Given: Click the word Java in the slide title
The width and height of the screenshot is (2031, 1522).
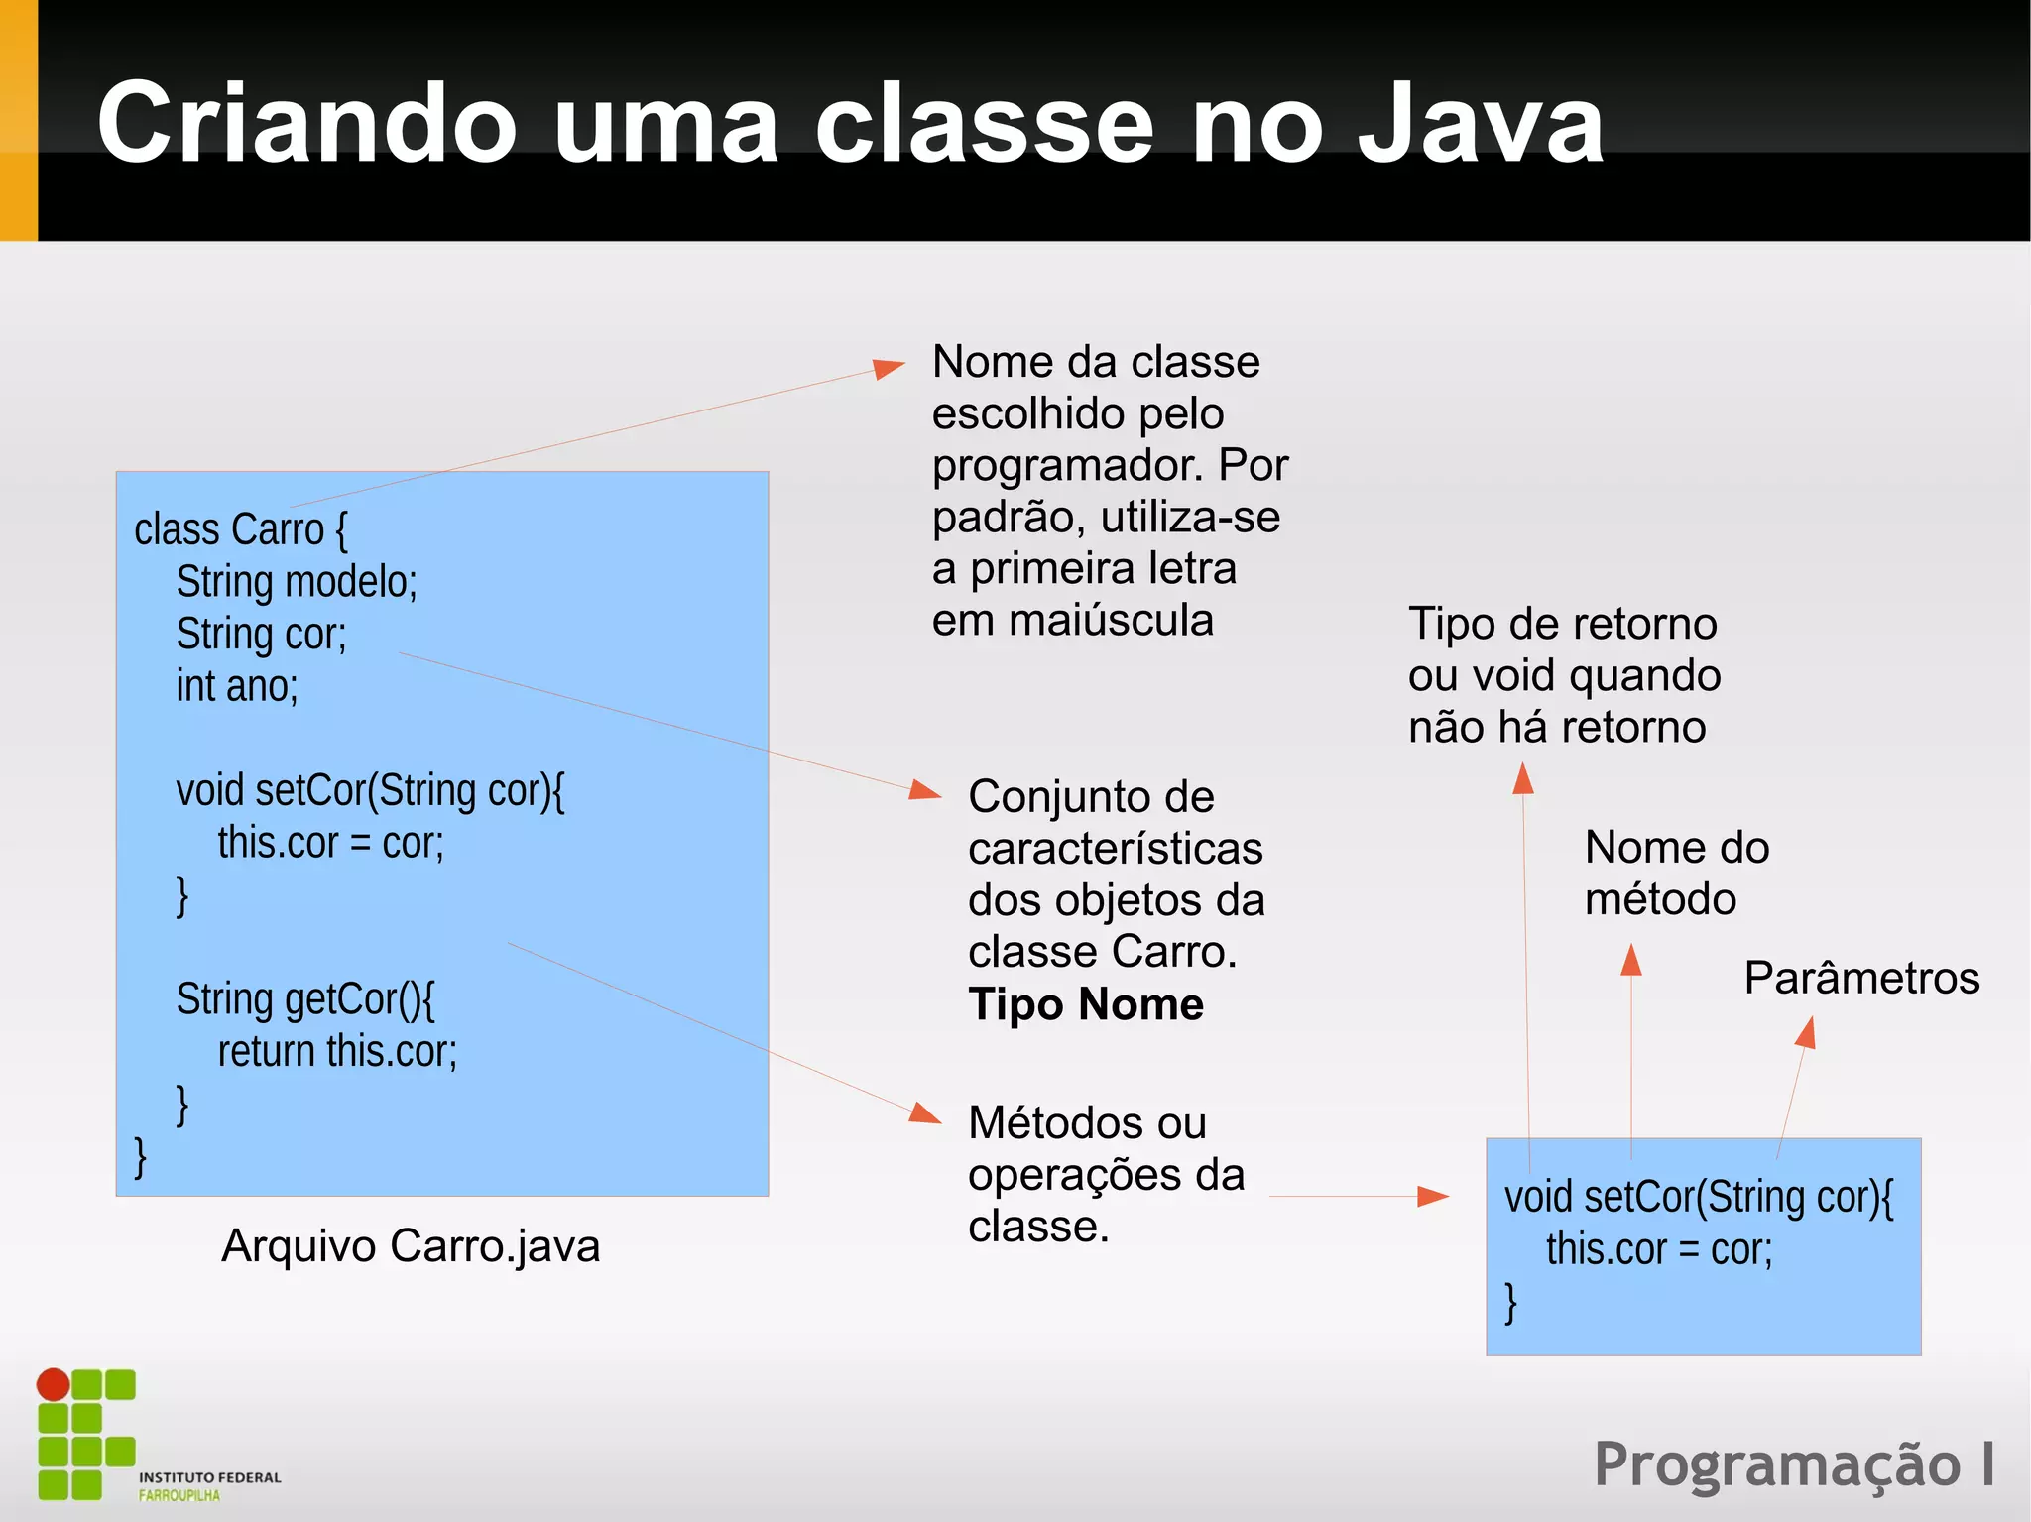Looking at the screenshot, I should (1480, 124).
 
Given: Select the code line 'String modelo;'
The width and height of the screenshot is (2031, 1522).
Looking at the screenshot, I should (297, 582).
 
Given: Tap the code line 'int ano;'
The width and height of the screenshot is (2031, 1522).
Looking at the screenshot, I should (237, 686).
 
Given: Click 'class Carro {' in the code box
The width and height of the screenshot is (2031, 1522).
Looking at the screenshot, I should (241, 529).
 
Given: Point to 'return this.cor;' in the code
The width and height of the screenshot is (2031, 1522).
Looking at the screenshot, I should (337, 1051).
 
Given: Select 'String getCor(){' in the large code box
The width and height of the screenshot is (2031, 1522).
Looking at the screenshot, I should (305, 999).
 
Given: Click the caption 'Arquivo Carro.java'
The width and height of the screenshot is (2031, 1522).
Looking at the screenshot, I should (411, 1246).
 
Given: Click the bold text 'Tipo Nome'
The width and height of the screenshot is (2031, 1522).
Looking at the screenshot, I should (1086, 1004).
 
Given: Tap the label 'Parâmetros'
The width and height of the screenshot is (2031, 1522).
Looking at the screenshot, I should (1861, 979).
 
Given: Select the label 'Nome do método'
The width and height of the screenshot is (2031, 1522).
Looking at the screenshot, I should (1676, 873).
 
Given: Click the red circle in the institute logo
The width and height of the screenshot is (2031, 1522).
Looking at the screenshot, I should (54, 1384).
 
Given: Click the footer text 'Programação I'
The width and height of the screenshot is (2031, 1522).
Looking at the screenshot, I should (1793, 1464).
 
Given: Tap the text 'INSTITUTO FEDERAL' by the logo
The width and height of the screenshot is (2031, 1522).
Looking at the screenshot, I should (210, 1477).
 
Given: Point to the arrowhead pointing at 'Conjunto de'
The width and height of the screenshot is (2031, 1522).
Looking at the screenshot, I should (924, 790).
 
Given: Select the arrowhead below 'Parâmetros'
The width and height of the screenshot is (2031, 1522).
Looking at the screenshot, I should (1806, 1034).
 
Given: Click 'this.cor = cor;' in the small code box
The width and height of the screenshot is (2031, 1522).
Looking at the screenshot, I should (1658, 1249).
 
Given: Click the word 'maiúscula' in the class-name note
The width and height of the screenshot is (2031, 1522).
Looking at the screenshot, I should (1111, 622).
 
